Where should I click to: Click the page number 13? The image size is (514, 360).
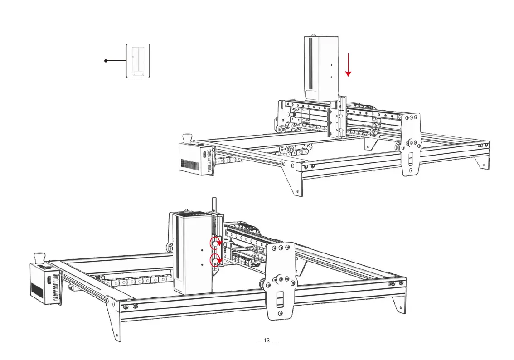(x=267, y=341)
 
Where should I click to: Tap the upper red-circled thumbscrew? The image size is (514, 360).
(x=215, y=243)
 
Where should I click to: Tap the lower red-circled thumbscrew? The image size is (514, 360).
(x=215, y=260)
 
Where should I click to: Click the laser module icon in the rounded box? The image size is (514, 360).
(x=138, y=61)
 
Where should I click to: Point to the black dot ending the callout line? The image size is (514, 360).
(x=106, y=61)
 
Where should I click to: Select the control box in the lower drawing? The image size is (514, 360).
(x=44, y=285)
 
